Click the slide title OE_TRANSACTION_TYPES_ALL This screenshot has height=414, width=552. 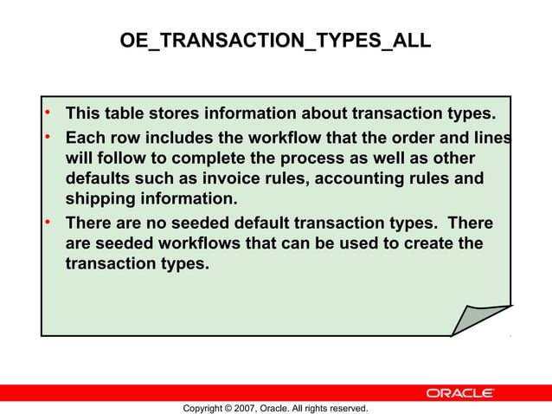coord(275,41)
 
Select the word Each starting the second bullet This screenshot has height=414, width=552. coord(84,138)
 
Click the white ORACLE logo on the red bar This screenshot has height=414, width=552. coord(460,393)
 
